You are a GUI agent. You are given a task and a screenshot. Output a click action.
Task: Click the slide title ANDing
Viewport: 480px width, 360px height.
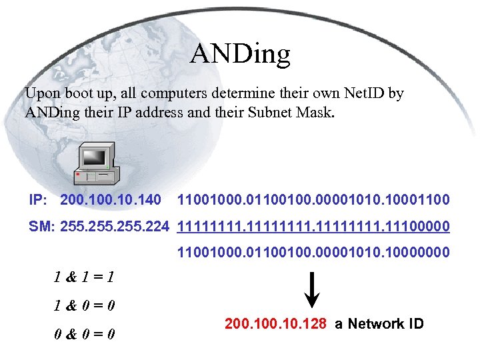pyautogui.click(x=240, y=54)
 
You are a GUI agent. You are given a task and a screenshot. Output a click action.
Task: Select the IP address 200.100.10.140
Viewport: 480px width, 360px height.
pyautogui.click(x=111, y=199)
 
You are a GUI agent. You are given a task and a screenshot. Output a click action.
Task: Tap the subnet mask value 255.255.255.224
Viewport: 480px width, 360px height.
pyautogui.click(x=115, y=227)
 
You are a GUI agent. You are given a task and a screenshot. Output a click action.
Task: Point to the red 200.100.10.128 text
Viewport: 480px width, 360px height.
pyautogui.click(x=275, y=324)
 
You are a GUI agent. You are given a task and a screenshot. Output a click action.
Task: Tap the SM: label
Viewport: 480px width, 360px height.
pyautogui.click(x=41, y=227)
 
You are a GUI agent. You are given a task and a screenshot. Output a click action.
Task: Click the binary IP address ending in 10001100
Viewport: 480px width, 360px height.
pyautogui.click(x=313, y=199)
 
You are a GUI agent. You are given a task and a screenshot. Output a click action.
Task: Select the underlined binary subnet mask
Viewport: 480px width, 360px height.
pyautogui.click(x=313, y=227)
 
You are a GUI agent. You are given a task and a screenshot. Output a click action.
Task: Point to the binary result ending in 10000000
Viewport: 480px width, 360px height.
pyautogui.click(x=313, y=253)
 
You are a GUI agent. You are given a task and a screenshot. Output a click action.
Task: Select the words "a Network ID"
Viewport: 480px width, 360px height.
pyautogui.click(x=379, y=324)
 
